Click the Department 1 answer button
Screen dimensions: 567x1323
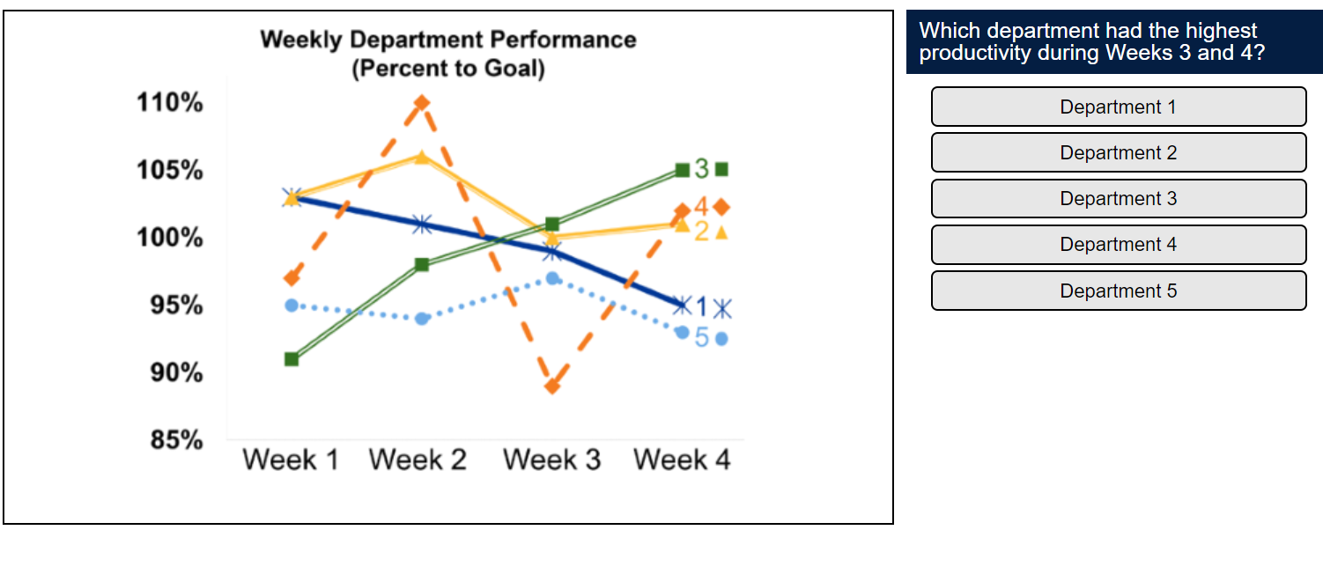[x=1118, y=107]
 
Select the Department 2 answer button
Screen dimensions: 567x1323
[x=1118, y=152]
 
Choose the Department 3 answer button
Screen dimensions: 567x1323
[x=1118, y=198]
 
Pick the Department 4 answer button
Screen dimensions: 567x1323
[x=1118, y=244]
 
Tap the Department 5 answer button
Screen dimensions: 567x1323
[x=1118, y=291]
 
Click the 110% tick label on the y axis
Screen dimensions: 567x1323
[x=170, y=103]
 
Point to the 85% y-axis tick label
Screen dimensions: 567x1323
[x=170, y=440]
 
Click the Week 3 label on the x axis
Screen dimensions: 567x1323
[x=551, y=460]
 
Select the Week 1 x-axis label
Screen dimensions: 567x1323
[x=291, y=460]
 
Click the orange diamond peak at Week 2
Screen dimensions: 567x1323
[x=422, y=102]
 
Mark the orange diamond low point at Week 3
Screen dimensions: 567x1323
[x=552, y=386]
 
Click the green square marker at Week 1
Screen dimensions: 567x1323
[x=292, y=359]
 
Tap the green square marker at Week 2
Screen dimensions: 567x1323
[x=422, y=264]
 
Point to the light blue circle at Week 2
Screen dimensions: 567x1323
[x=422, y=318]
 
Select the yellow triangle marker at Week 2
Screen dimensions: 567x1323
[x=422, y=157]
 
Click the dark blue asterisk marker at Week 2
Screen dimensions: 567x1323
[x=422, y=224]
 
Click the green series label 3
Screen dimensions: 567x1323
[x=701, y=168]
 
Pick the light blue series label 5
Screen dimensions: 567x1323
[x=701, y=338]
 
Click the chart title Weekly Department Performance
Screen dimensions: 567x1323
[x=447, y=40]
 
